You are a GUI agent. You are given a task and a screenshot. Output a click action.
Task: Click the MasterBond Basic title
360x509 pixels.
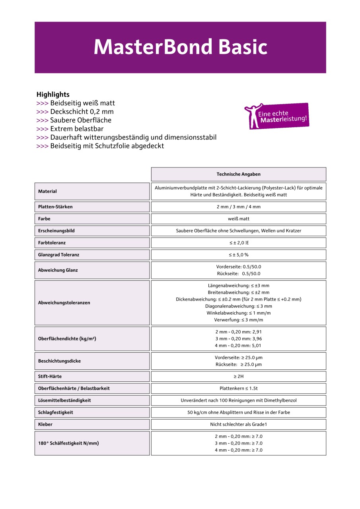[180, 47]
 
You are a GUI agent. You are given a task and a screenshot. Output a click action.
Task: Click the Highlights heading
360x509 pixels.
[53, 94]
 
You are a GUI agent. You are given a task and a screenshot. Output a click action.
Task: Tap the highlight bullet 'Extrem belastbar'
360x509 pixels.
[77, 129]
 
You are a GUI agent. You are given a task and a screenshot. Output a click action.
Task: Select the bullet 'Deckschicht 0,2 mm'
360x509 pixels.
[82, 111]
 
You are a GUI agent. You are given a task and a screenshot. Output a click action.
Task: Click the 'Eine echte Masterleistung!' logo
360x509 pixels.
[277, 116]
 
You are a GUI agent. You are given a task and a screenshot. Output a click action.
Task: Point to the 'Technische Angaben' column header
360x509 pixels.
[238, 174]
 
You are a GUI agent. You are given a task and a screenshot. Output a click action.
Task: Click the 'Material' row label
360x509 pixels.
[47, 191]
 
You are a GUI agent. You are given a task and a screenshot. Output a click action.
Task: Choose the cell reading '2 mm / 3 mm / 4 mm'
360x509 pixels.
[238, 207]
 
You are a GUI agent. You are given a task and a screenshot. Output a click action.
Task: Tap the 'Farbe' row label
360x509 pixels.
[44, 219]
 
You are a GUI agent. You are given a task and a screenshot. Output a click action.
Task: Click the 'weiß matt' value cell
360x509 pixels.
[238, 219]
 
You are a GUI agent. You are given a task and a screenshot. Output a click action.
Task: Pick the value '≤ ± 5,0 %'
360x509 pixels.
[238, 254]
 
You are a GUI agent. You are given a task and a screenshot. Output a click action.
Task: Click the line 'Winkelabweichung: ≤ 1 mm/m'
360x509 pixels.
[238, 313]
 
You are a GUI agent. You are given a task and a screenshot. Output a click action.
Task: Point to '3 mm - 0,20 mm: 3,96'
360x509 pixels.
[238, 339]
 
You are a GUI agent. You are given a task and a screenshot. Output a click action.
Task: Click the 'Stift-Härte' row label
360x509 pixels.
[50, 376]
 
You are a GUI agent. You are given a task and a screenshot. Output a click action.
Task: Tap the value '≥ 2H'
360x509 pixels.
[238, 376]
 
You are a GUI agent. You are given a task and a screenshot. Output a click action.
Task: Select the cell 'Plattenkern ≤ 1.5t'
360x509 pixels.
[238, 388]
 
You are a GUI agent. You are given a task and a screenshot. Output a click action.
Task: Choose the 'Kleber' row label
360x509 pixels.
[45, 424]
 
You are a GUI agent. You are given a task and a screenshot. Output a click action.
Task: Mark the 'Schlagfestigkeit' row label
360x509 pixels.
[55, 412]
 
